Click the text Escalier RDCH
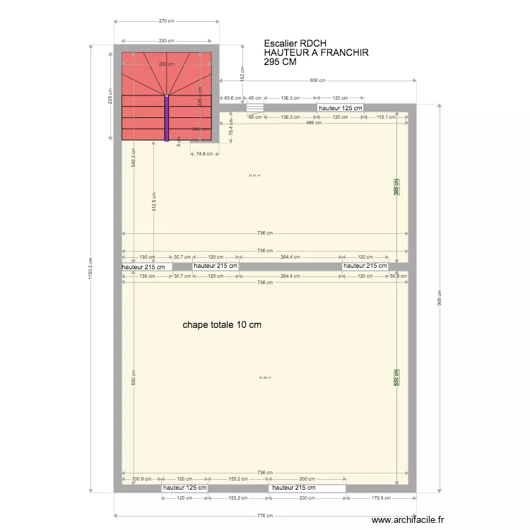295,43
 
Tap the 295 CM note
281,62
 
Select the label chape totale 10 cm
222,325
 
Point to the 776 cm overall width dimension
266,516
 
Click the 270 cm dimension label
166,21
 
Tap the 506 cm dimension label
317,81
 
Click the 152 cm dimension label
242,73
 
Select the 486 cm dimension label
313,123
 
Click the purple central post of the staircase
167,119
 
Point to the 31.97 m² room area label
254,176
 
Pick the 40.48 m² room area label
265,377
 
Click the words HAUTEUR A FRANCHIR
316,53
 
